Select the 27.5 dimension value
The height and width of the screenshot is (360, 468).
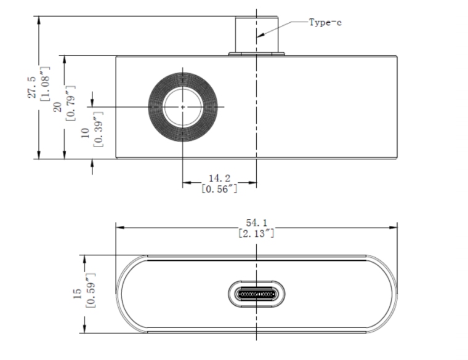coord(31,87)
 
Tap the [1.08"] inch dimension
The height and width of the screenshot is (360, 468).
coord(45,87)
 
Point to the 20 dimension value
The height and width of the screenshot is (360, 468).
coord(57,107)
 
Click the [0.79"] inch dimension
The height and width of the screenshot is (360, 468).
coord(70,107)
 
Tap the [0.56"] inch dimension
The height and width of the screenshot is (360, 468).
coord(220,189)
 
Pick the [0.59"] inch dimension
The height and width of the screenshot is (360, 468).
coord(90,294)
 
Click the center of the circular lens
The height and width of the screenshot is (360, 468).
coord(183,106)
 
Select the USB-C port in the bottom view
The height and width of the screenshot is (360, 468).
coord(256,294)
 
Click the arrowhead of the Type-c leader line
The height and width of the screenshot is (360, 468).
coord(261,35)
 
